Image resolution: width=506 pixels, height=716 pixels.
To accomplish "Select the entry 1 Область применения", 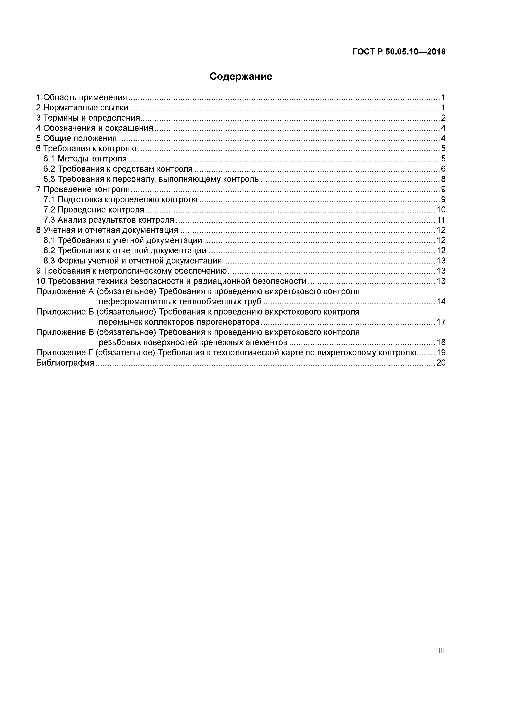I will [x=82, y=98].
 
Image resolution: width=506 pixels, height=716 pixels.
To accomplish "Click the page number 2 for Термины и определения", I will [x=443, y=118].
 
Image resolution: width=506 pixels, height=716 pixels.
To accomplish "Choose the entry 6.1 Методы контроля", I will [x=85, y=159].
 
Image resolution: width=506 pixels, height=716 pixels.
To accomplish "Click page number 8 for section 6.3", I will [x=443, y=179].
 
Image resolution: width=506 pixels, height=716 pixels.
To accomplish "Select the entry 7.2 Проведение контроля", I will [x=94, y=210].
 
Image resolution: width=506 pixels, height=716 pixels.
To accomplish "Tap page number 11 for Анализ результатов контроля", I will [x=441, y=220].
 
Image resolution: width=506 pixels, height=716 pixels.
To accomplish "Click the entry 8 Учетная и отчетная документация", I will [x=107, y=230].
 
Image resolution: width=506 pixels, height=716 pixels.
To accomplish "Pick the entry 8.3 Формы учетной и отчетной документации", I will [x=132, y=261].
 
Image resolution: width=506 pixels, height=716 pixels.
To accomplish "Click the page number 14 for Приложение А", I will [x=441, y=301].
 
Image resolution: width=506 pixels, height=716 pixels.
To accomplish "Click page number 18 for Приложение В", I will [x=441, y=342].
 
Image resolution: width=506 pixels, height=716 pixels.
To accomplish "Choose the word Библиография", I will [x=65, y=363].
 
